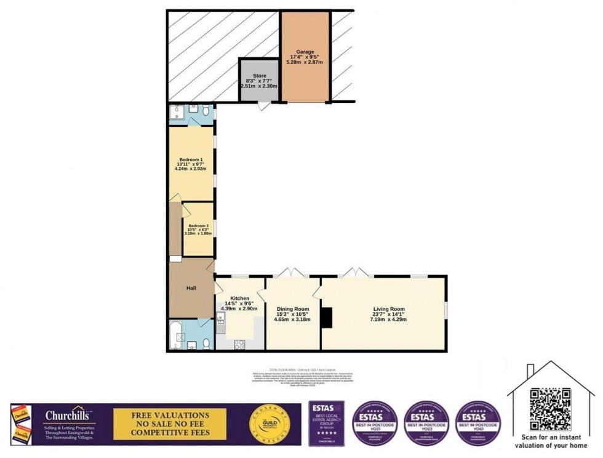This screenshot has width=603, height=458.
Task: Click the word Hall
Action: click(x=191, y=287)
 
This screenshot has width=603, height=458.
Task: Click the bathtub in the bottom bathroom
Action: click(x=178, y=335)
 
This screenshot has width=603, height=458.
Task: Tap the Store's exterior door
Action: click(x=263, y=106)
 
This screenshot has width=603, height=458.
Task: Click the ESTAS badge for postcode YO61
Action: click(x=479, y=423)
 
